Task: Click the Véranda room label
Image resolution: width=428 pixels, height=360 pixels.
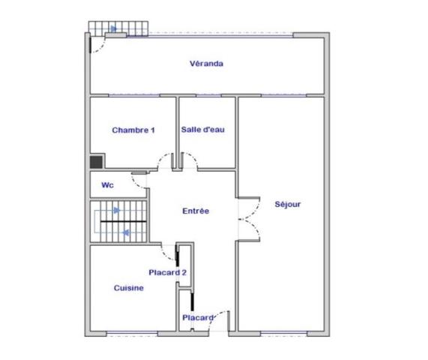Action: click(x=206, y=64)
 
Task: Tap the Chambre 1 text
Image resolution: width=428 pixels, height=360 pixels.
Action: click(x=133, y=130)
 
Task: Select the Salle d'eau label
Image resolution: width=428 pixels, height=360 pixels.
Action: click(x=203, y=130)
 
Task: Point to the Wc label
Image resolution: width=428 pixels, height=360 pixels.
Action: click(x=107, y=185)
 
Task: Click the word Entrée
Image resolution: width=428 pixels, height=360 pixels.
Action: click(x=196, y=211)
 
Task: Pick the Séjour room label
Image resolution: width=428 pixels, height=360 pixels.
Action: click(x=288, y=204)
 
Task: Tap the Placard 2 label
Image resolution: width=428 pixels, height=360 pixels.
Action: click(x=167, y=273)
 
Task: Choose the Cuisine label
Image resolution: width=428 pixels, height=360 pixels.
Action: click(x=129, y=288)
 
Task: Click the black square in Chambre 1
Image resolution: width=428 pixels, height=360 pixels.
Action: click(x=96, y=160)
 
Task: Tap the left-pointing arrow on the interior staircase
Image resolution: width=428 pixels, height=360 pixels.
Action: click(x=125, y=232)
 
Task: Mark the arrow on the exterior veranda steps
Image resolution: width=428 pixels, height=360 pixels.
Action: click(x=113, y=29)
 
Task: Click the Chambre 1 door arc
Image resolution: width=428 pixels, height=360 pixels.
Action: click(x=163, y=160)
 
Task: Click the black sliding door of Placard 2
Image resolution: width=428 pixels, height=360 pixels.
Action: click(x=177, y=258)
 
